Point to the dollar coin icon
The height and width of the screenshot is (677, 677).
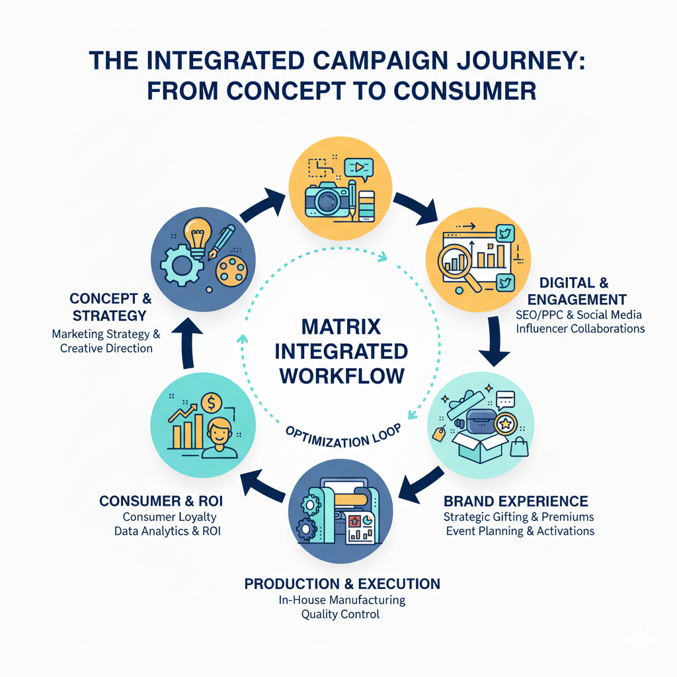click(213, 401)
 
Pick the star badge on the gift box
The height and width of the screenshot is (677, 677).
click(506, 424)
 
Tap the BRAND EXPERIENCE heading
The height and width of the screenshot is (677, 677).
click(516, 500)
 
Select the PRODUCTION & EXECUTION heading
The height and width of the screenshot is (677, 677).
click(342, 584)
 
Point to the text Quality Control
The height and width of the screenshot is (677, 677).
click(340, 614)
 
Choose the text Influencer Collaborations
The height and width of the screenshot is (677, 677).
click(580, 329)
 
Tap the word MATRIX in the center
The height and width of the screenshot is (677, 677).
click(341, 327)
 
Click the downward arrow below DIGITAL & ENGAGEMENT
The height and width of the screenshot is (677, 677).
click(495, 340)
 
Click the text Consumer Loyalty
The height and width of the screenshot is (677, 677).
click(169, 517)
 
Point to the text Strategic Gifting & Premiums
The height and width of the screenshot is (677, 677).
click(518, 516)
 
